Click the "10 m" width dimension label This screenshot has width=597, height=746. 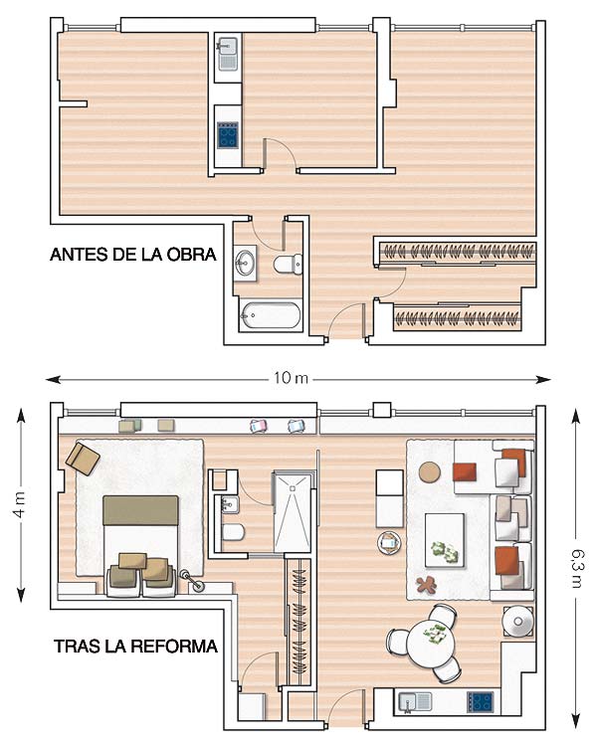pos(291,378)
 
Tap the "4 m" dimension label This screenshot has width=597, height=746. pos(20,504)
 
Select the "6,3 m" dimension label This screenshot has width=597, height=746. pos(577,568)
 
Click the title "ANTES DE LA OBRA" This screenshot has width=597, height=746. pos(132,255)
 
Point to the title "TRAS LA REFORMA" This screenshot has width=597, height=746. pos(135,647)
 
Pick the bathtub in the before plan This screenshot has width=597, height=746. pos(271,314)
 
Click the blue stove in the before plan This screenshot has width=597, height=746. pos(228,135)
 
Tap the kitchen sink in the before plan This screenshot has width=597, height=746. pos(228,54)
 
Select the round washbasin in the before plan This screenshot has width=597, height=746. pos(245,263)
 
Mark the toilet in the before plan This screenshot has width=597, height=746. pos(288,264)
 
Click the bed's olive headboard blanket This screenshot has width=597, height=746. pos(140,510)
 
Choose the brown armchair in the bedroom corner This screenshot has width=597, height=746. pos(83,459)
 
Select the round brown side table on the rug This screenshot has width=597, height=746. pos(431,471)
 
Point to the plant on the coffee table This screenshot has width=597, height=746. pos(445,551)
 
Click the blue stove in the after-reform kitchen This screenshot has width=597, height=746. pos(480,701)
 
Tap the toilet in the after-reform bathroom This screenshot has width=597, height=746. pos(233,531)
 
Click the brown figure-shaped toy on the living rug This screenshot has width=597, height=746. pos(426,584)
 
